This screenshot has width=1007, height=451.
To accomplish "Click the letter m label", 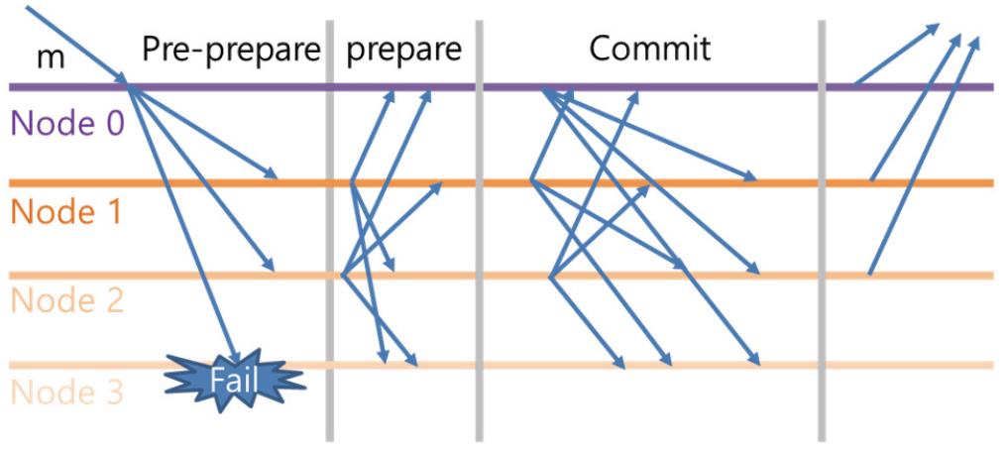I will [x=51, y=56].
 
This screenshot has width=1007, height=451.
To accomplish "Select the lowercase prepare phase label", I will [x=404, y=50].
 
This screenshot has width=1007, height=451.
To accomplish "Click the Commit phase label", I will [x=650, y=49].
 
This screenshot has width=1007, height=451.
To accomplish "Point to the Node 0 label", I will [x=66, y=124].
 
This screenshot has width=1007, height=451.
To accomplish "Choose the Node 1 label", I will [x=65, y=211].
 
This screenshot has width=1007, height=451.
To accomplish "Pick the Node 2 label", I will [x=66, y=299].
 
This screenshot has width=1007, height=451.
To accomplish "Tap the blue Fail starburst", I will [x=234, y=378].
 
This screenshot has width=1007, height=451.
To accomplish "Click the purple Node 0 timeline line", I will [x=694, y=87].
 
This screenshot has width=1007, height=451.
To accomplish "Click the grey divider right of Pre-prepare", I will [x=329, y=297].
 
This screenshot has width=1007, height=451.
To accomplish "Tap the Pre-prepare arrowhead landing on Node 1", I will [x=270, y=174].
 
